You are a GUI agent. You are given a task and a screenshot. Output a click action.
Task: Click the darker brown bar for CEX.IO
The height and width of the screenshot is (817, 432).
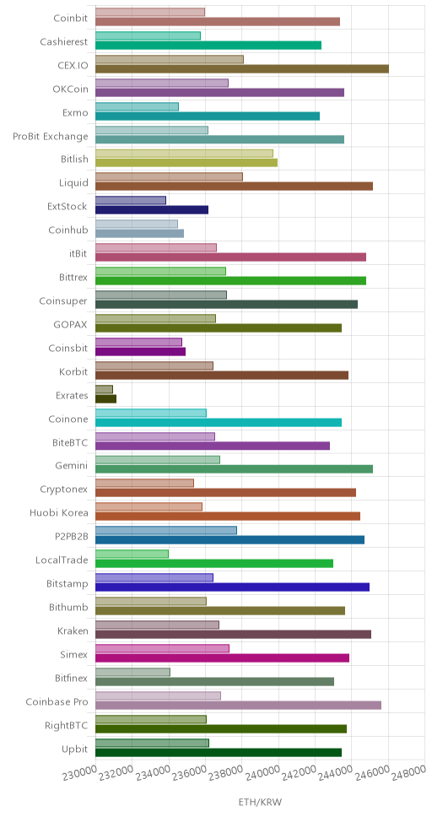[x=242, y=68]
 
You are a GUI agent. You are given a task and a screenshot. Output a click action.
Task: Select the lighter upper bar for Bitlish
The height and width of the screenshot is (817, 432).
[x=184, y=154]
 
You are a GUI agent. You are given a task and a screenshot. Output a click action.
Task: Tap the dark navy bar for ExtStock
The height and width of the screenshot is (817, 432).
[x=152, y=210]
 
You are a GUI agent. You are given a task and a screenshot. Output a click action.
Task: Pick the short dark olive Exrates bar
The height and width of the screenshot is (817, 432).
[x=105, y=398]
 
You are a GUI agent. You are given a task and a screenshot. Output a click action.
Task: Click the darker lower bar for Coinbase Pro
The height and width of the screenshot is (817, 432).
[x=238, y=705]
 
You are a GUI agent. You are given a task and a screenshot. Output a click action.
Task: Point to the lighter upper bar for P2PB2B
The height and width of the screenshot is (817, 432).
[x=165, y=530]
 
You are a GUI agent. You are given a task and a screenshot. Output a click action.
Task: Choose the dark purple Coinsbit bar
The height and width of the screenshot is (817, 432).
[x=140, y=351]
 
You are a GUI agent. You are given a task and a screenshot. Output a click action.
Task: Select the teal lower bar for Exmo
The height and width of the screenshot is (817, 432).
[x=208, y=116]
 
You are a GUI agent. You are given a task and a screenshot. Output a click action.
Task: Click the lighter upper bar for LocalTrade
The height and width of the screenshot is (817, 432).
[x=132, y=554]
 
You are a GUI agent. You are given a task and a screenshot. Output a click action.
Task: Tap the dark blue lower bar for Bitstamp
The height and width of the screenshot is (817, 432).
[x=232, y=587]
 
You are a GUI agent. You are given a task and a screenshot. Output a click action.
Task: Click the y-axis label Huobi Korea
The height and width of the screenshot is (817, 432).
[x=59, y=513]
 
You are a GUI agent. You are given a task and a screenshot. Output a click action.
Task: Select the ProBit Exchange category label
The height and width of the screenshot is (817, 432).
[x=51, y=137]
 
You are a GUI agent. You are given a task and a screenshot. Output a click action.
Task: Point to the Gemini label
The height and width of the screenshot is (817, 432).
[x=72, y=466]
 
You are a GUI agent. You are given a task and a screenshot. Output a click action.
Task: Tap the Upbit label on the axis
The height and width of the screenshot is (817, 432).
[x=74, y=749]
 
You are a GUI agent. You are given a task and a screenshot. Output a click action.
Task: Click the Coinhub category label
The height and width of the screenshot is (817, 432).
[x=68, y=230]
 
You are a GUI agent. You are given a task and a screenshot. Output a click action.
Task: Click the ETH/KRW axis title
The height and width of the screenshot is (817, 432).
[x=260, y=802]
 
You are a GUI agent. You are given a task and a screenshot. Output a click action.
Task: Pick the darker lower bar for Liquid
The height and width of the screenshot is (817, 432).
[x=234, y=187]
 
